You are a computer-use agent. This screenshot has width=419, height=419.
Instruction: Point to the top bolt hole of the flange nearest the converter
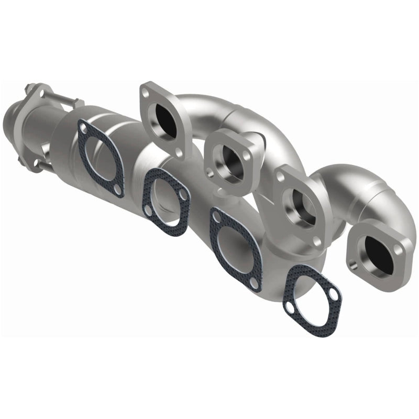pyautogui.click(x=146, y=93)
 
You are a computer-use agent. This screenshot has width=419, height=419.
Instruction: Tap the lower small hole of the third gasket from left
pyautogui.click(x=254, y=283)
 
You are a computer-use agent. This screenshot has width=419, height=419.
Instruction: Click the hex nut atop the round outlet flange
pyautogui.click(x=29, y=87)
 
